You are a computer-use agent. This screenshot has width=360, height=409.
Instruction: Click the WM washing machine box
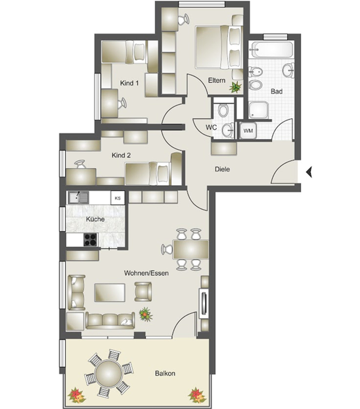tap(248, 130)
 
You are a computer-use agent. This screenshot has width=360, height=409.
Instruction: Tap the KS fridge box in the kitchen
tap(117, 198)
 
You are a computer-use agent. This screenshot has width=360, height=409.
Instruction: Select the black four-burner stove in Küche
tap(90, 240)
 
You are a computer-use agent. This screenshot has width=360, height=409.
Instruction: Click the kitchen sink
tap(78, 198)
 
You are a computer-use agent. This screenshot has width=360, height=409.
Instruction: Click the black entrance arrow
tap(309, 172)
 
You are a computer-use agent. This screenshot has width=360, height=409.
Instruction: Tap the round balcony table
tap(108, 373)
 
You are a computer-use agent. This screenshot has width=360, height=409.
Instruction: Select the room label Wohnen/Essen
tap(146, 273)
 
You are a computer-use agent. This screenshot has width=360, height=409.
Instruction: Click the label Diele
tap(222, 169)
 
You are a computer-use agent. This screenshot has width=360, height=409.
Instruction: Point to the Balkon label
tap(165, 373)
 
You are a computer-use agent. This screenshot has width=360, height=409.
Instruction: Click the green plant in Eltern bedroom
tap(235, 87)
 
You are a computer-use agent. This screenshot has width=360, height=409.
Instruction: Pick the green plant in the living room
tap(146, 314)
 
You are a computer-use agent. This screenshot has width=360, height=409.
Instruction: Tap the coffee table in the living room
tap(109, 293)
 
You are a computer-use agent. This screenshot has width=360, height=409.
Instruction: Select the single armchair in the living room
tap(143, 291)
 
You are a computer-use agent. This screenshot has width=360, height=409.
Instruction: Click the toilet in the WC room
tap(223, 110)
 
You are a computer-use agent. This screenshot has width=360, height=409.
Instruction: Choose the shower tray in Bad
tap(259, 110)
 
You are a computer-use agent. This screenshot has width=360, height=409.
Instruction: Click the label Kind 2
tap(121, 155)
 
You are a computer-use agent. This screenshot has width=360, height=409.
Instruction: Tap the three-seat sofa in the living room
tap(110, 321)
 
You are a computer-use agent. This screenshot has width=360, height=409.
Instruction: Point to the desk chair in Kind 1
tap(122, 103)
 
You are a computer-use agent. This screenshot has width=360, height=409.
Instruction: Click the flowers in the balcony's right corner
tap(197, 395)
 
